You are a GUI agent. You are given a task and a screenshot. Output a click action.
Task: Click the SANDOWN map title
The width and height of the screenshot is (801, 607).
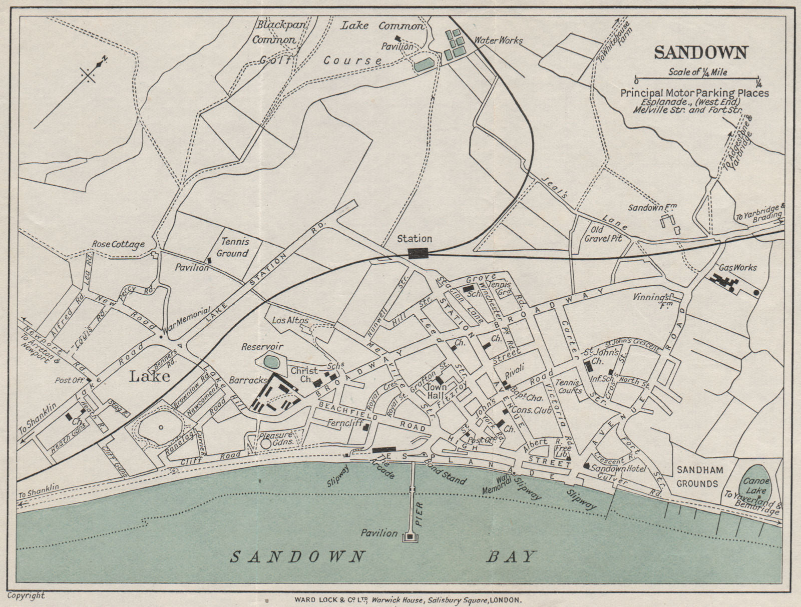(701, 53)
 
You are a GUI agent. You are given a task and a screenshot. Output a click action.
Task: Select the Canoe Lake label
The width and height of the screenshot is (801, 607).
(755, 485)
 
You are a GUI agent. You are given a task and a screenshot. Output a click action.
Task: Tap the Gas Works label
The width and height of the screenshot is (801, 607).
(737, 268)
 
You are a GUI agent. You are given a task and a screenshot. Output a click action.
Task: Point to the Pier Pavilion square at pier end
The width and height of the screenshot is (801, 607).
(411, 537)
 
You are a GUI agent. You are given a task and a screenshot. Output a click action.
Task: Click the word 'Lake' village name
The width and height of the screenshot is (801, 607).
(150, 376)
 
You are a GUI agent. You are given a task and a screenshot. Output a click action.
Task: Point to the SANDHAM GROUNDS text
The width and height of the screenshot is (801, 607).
(697, 476)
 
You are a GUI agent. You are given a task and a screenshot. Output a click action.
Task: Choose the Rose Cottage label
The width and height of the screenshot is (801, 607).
(118, 244)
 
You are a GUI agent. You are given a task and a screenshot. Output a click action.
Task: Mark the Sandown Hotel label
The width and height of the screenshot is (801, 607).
(619, 469)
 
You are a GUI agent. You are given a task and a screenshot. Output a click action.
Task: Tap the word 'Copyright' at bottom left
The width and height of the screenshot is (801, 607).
(26, 595)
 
